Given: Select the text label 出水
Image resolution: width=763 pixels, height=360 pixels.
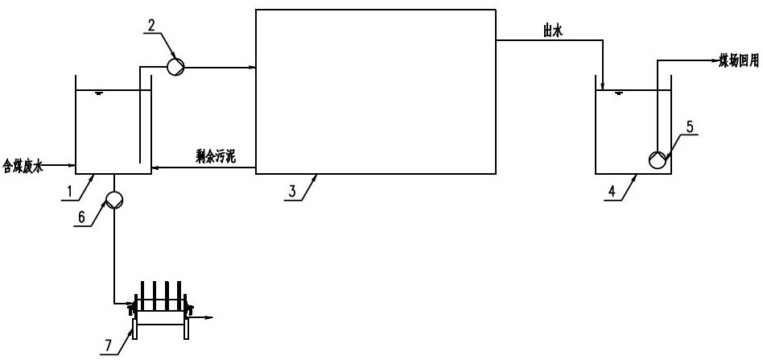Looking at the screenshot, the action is coord(552,31).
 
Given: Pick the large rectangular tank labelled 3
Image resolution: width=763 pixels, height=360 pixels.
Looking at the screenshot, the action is coord(374,90).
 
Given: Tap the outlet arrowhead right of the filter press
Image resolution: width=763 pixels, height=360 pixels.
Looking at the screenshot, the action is coord(211,318).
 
